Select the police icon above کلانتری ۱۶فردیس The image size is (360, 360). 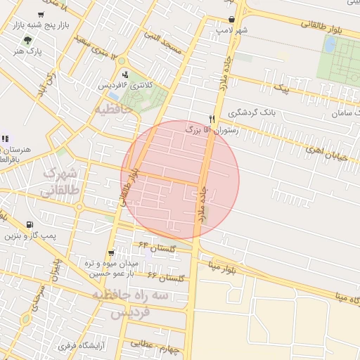point(125,75)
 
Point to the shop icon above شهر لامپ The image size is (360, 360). point(232,20)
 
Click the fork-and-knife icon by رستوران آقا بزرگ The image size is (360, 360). point(212,118)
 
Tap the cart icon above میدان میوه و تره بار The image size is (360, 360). point(111,252)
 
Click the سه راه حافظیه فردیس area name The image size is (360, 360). point(134,303)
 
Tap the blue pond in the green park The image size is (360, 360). point(330,44)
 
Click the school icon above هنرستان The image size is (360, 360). point(6,138)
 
